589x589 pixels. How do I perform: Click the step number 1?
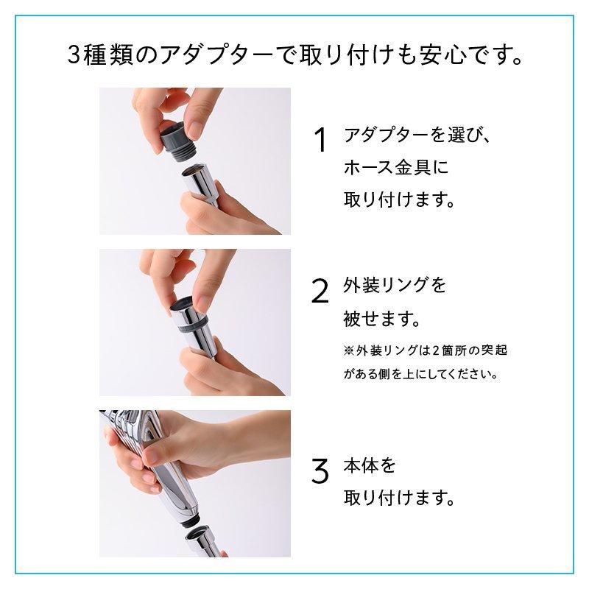point(320,141)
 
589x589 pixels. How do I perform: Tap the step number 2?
point(320,292)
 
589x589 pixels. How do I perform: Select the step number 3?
point(320,472)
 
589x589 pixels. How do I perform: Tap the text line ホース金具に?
point(396,168)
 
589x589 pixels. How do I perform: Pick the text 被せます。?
point(381,320)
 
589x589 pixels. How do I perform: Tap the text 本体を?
point(370,466)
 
